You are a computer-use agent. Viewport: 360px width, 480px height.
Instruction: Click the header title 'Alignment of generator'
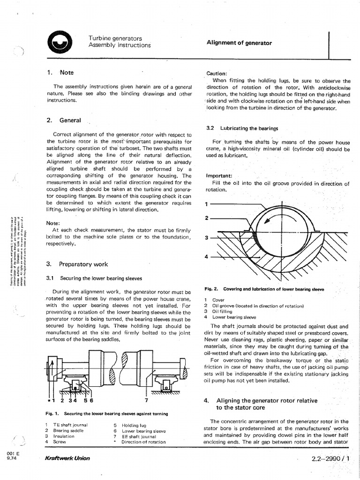(239, 43)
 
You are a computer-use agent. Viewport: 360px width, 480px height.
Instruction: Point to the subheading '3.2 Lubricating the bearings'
(242, 128)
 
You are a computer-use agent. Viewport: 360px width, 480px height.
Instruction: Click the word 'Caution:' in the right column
(217, 74)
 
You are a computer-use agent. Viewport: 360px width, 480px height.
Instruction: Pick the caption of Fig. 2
(264, 289)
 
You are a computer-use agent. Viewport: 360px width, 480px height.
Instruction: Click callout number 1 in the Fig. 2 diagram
(207, 204)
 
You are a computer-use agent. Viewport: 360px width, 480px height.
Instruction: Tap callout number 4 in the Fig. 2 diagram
(207, 256)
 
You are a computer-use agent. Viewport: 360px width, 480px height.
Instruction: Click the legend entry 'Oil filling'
(223, 311)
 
